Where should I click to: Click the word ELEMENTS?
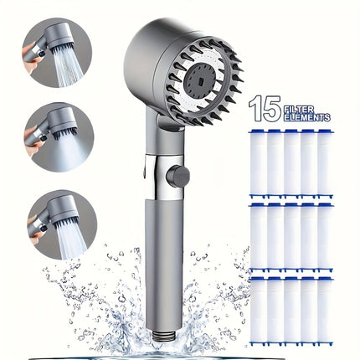pos(308,117)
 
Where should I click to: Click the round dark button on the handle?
pos(177,177)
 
